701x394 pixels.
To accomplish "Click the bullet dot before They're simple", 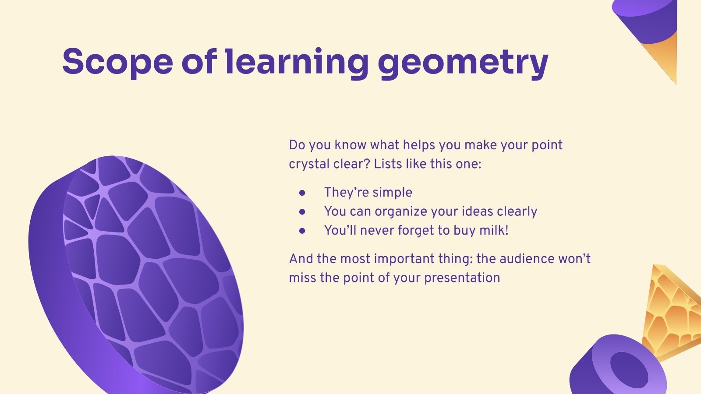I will point(302,192).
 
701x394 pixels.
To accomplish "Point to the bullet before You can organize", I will point(302,211).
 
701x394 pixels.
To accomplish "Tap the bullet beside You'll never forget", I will point(302,230).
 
